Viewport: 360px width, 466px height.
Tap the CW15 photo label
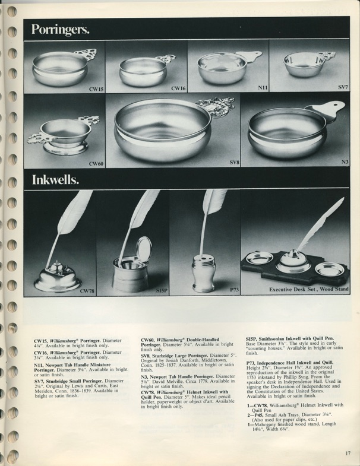96,88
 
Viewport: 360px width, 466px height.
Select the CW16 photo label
178,88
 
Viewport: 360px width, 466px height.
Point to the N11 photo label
263,88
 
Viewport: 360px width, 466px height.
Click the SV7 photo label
343,88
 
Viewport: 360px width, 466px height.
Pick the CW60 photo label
96,163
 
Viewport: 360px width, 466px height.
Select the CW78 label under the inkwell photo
87,290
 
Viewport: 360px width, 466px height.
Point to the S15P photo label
162,290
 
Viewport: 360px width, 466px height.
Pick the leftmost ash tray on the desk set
260,259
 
